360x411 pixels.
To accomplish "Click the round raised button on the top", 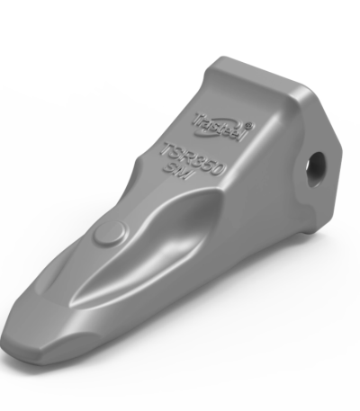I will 109,235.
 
